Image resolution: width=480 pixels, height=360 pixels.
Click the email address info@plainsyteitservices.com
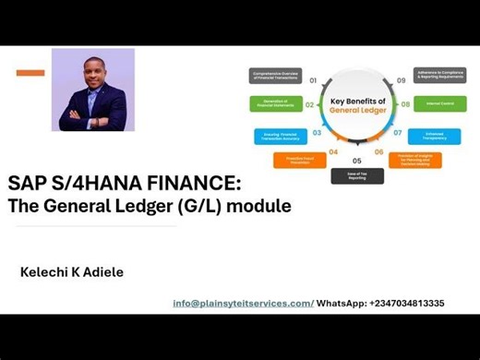pos(243,303)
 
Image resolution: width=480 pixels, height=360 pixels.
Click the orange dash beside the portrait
pos(30,72)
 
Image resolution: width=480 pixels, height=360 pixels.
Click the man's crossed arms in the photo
pos(92,118)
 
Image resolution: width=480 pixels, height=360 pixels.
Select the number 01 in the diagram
pos(312,80)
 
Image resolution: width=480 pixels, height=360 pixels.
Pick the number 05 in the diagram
pos(356,161)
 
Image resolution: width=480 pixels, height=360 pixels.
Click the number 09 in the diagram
pos(401,80)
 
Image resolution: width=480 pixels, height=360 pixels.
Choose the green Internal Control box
pos(440,104)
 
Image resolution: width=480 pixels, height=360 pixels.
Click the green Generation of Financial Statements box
pos(275,104)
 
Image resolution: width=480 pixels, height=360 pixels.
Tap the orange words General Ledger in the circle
pos(356,110)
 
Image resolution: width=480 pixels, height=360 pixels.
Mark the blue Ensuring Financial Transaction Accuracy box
pos(281,135)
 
